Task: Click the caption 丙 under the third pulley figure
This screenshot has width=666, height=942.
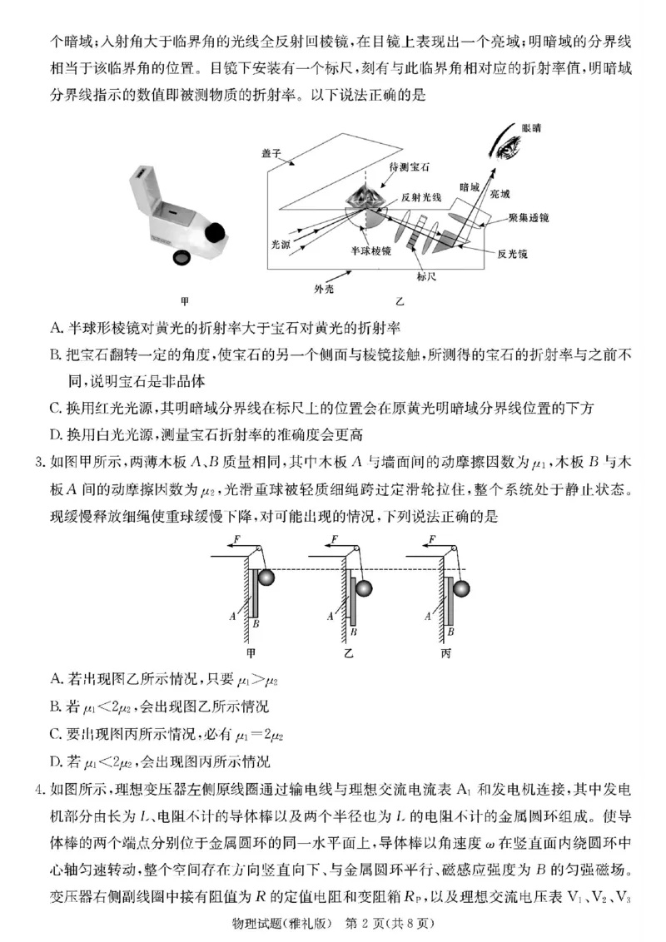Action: [x=445, y=653]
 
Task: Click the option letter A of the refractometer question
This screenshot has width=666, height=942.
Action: [x=55, y=329]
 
